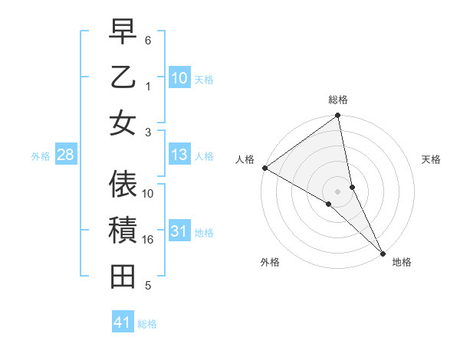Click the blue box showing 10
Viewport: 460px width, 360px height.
tap(179, 78)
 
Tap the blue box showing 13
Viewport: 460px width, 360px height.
tap(179, 155)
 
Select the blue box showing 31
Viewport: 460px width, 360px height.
tap(179, 232)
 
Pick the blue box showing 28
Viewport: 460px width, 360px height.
tap(65, 155)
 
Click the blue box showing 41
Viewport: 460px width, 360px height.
tap(123, 323)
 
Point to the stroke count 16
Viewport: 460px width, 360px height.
tap(148, 240)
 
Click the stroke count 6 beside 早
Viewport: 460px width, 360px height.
tap(148, 39)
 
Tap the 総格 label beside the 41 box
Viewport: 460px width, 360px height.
tap(147, 324)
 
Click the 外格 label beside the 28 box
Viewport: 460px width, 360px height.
tap(41, 156)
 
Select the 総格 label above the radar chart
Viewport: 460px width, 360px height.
tap(337, 100)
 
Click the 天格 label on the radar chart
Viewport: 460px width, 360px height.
tap(431, 159)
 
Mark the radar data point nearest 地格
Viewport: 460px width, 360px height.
tap(383, 253)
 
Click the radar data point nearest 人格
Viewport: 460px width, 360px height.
tap(264, 168)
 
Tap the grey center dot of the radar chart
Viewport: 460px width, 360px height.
tap(337, 191)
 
